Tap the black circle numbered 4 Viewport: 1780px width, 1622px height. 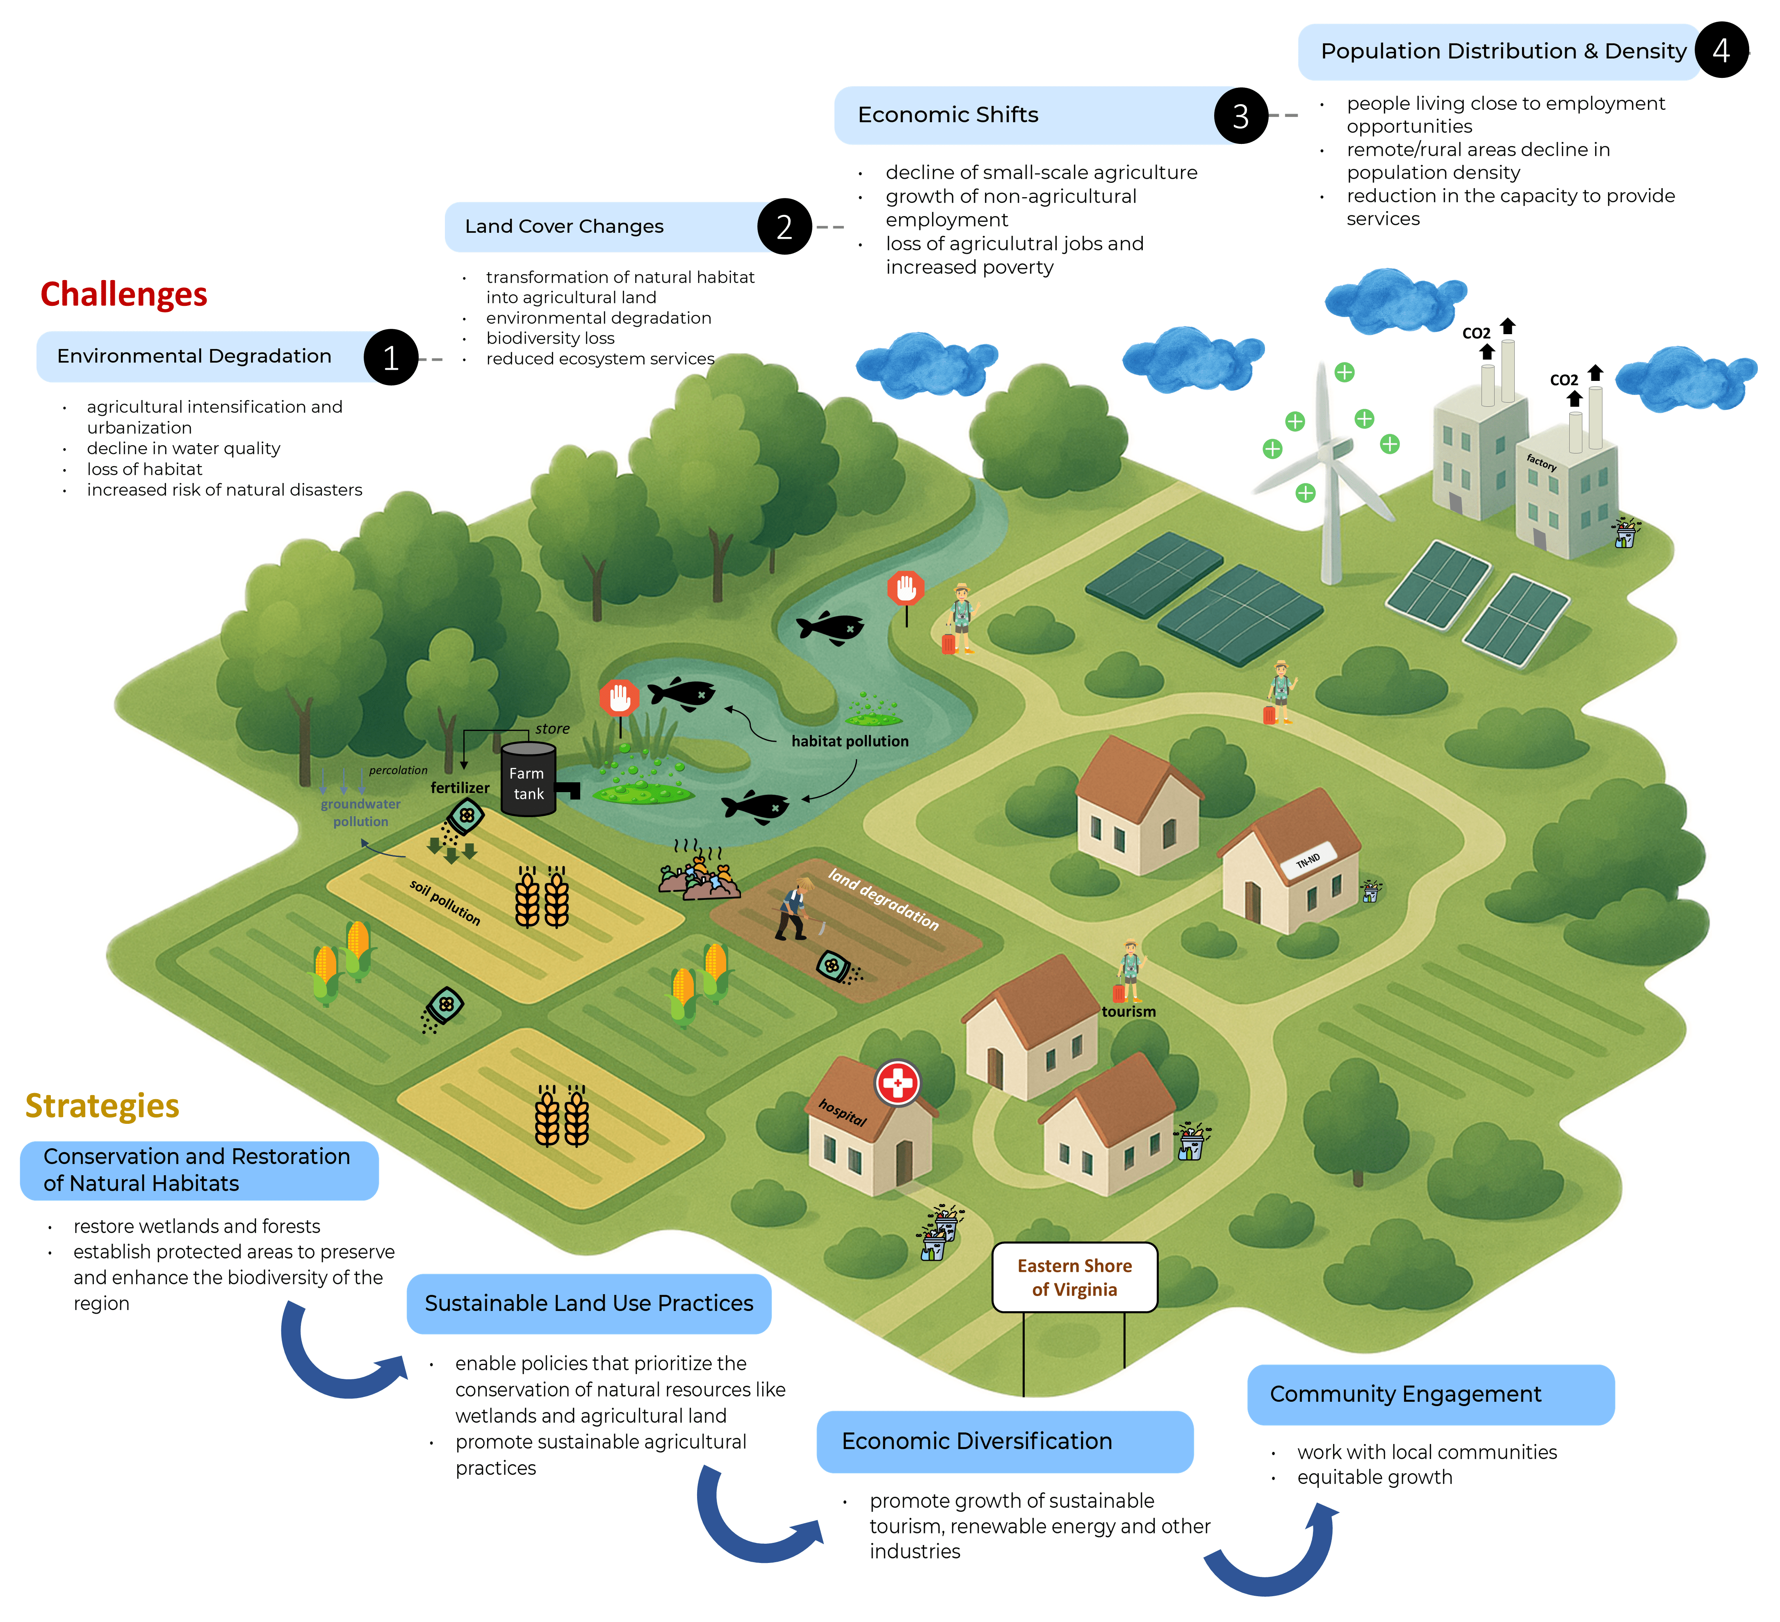pyautogui.click(x=1720, y=50)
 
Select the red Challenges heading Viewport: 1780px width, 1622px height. pyautogui.click(x=123, y=294)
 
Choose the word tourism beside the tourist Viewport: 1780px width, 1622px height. pyautogui.click(x=1128, y=1012)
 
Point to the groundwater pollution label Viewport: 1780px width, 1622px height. pyautogui.click(x=360, y=812)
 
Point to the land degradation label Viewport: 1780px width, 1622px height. pyautogui.click(x=883, y=899)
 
